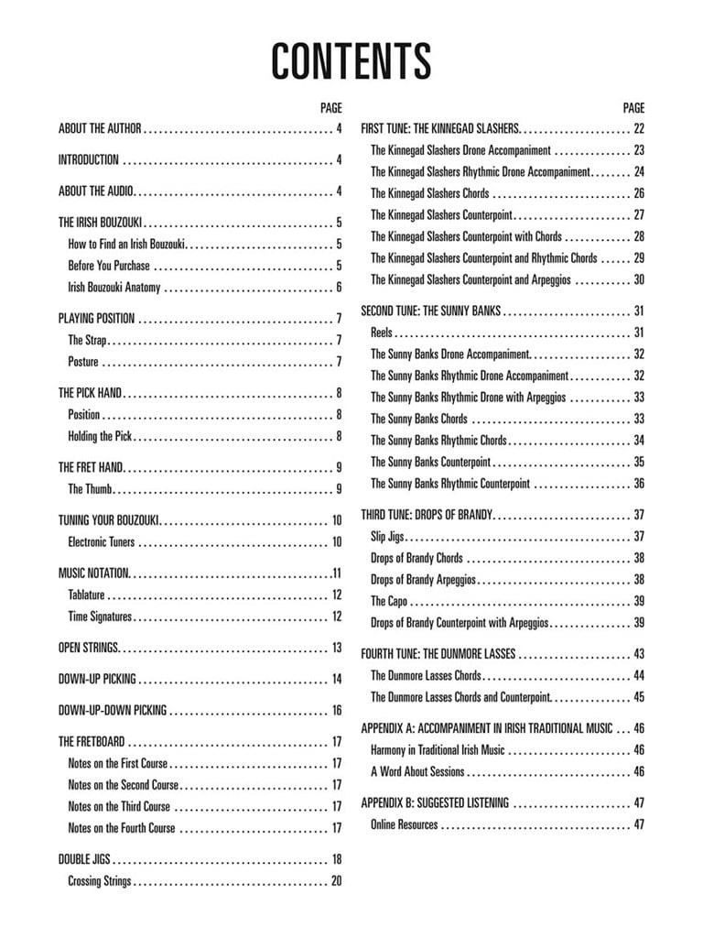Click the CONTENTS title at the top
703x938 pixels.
(x=351, y=60)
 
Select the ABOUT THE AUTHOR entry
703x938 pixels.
(x=100, y=129)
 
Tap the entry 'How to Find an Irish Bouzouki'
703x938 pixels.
(x=127, y=245)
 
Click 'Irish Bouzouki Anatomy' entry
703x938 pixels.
(x=114, y=288)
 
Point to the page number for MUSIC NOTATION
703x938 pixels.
(x=337, y=573)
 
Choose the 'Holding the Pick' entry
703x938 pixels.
(x=102, y=437)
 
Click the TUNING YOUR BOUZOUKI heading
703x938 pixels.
(x=109, y=520)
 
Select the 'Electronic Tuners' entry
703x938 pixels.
(x=102, y=542)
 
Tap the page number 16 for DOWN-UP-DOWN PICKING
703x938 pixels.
(x=337, y=710)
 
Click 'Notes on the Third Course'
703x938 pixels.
(x=119, y=807)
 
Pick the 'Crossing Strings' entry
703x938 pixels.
(x=100, y=881)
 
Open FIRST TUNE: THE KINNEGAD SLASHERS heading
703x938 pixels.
(x=440, y=129)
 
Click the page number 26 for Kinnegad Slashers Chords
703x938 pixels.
(x=639, y=193)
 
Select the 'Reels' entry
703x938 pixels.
(x=382, y=333)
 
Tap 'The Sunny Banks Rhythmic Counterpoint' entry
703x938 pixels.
(x=450, y=484)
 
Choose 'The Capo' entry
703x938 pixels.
(x=389, y=601)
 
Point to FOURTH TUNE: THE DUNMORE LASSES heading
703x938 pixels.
(x=438, y=654)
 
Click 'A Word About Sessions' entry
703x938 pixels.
(x=417, y=771)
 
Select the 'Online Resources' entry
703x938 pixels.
(x=405, y=824)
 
